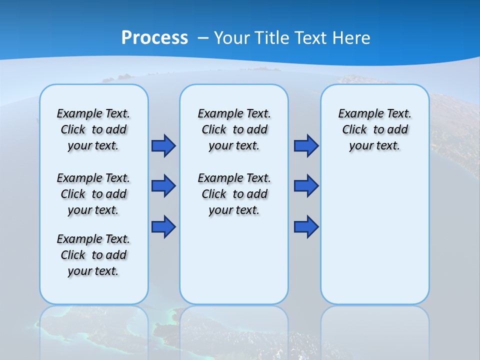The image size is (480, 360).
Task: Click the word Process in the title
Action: point(154,37)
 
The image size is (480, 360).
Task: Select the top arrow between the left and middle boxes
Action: point(163,145)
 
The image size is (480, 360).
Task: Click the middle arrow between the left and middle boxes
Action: point(163,186)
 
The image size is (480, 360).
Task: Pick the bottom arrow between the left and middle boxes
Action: point(163,227)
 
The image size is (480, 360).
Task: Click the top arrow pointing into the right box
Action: point(306,145)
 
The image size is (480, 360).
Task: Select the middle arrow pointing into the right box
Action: point(306,186)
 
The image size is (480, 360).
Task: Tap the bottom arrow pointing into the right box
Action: point(306,227)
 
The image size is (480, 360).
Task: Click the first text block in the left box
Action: point(93,129)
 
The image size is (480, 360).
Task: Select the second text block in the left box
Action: point(93,194)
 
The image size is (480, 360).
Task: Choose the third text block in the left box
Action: point(93,255)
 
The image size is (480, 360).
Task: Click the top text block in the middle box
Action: point(234,129)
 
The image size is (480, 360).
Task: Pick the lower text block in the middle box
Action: point(234,194)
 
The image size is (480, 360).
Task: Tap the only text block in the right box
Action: point(374,129)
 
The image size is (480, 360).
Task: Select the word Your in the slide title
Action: point(233,37)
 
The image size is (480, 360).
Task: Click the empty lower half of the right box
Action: point(374,240)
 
